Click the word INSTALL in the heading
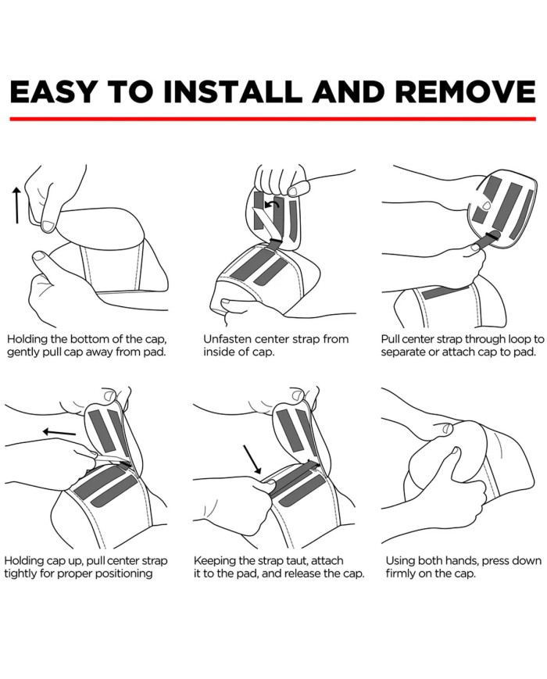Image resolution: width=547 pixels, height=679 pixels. [x=233, y=91]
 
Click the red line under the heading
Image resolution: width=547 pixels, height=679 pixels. [x=273, y=119]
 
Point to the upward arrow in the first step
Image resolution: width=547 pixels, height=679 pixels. [x=16, y=205]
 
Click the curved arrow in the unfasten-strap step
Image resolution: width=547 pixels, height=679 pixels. [x=272, y=205]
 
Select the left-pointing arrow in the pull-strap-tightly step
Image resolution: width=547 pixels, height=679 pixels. [x=59, y=432]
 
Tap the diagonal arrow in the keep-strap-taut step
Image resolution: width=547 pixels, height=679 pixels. [x=252, y=459]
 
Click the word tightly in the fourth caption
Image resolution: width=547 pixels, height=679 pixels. [x=20, y=574]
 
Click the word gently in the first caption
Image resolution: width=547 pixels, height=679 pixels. [x=23, y=352]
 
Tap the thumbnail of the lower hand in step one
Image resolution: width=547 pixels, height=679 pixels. [x=41, y=257]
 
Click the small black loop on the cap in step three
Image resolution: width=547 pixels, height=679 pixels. [x=493, y=234]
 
